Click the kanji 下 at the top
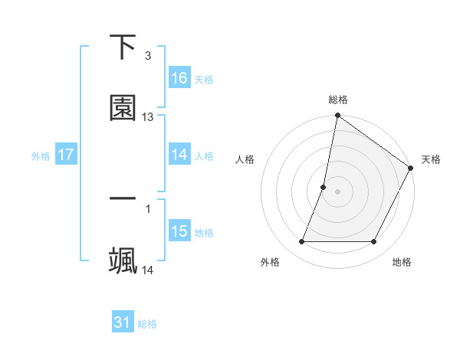coord(123,47)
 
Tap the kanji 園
coord(123,108)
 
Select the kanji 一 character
coord(123,199)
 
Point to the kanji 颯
coord(123,260)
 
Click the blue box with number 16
coord(179,78)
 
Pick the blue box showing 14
coord(179,155)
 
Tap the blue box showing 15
coord(179,231)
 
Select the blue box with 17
coord(66,155)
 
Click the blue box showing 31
coord(123,323)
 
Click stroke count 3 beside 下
coord(147,56)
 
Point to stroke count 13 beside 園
coord(148,117)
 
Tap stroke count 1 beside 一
coord(147,208)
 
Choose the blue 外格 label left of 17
coord(41,155)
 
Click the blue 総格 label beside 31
coord(147,324)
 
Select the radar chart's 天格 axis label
coord(431,159)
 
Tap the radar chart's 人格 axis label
coord(245,159)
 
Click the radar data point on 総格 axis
coord(337,116)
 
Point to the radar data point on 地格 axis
coord(374,242)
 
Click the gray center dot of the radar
coord(337,191)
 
